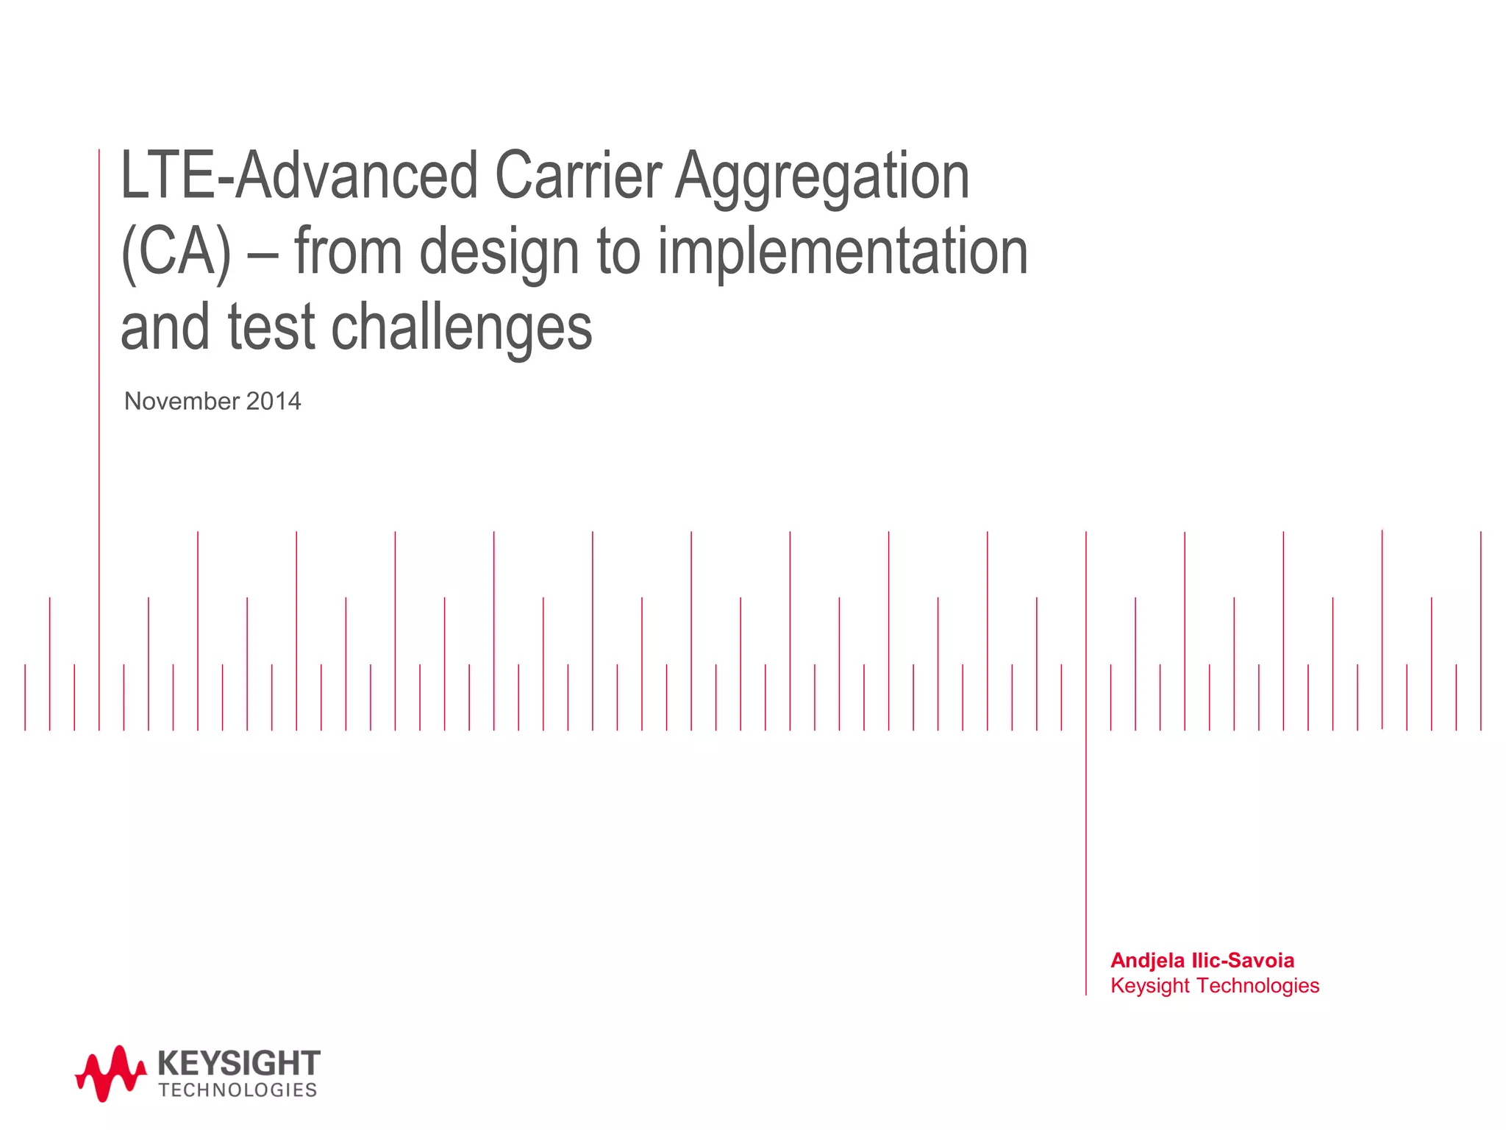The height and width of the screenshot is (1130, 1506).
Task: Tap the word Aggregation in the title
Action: click(822, 178)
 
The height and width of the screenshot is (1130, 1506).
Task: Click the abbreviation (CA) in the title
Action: click(176, 252)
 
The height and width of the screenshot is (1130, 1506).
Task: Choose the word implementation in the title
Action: click(842, 252)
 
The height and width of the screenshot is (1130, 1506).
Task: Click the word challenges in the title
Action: click(461, 328)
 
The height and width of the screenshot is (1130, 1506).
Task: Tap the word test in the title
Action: click(271, 328)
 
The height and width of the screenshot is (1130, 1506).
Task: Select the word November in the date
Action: click(182, 401)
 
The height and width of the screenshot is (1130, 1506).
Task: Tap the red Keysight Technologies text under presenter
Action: click(1215, 986)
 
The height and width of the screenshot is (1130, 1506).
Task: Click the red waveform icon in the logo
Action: click(110, 1073)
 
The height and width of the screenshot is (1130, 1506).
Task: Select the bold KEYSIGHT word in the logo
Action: click(239, 1063)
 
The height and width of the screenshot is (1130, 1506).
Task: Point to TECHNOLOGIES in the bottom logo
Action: click(238, 1090)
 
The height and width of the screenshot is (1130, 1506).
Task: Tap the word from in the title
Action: click(348, 252)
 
